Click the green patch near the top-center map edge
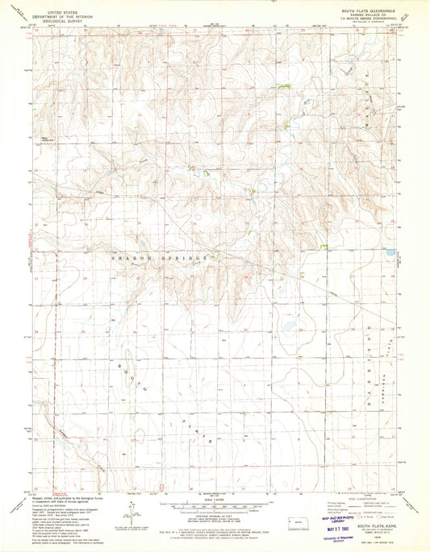(x=282, y=87)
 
